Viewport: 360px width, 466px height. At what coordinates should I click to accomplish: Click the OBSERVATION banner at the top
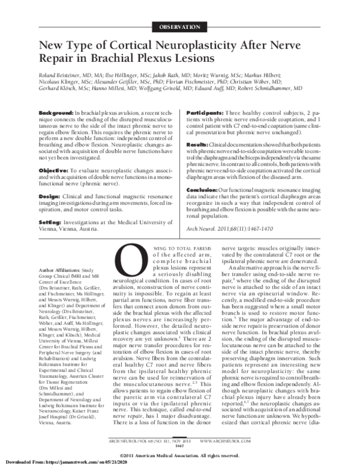[x=179, y=27]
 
